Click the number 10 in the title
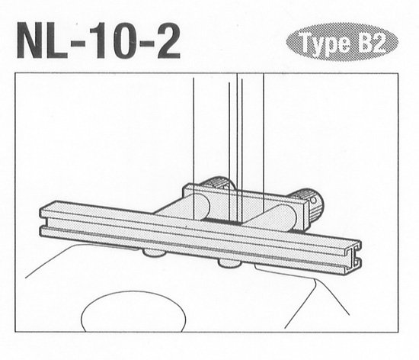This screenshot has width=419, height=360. click(x=115, y=42)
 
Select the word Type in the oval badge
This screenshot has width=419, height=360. click(x=322, y=43)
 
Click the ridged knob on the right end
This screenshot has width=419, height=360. click(x=310, y=202)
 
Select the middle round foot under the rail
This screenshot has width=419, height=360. click(x=229, y=264)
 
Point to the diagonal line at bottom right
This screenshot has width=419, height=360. click(x=305, y=304)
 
